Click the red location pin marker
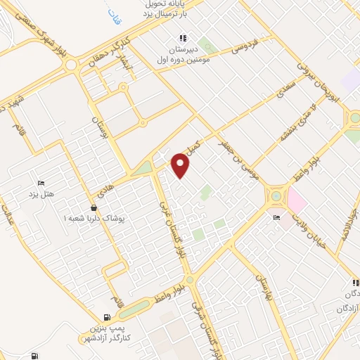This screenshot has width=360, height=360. coord(181,165)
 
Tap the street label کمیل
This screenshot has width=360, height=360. coord(193,146)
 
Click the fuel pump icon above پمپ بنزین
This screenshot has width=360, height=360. coord(106,318)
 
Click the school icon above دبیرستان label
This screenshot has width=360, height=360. coord(182,38)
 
